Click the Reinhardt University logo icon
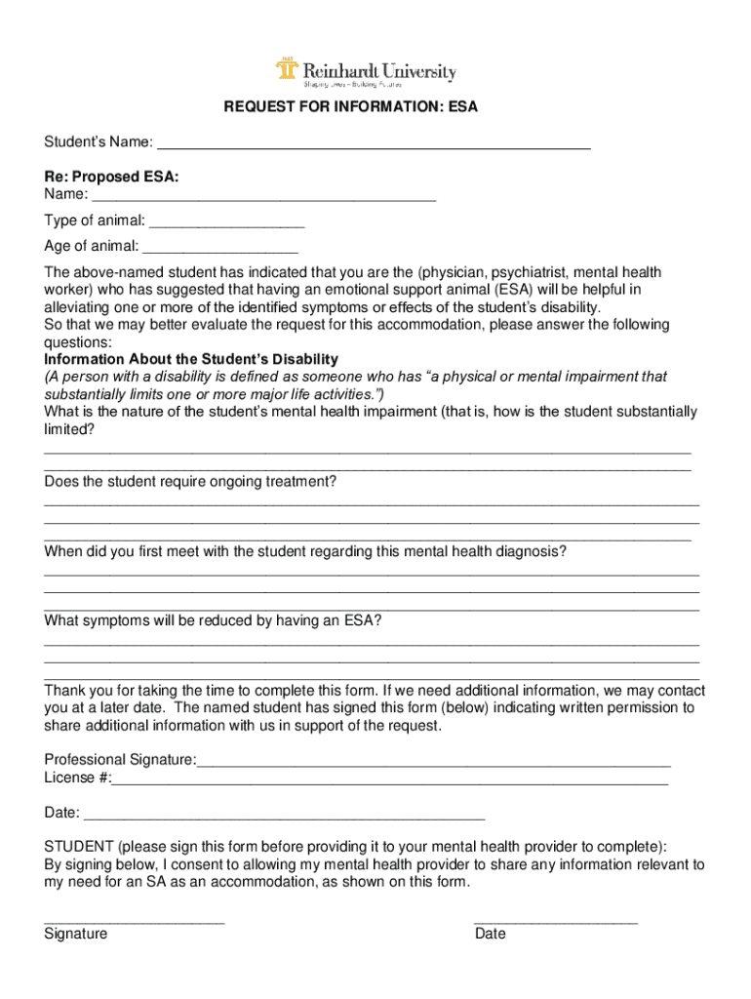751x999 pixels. pyautogui.click(x=286, y=71)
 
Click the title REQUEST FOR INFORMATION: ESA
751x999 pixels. pyautogui.click(x=351, y=107)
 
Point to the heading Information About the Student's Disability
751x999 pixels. pyautogui.click(x=191, y=359)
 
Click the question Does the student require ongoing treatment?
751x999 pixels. pyautogui.click(x=190, y=482)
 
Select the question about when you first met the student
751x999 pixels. pyautogui.click(x=305, y=552)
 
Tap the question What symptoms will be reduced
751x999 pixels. pyautogui.click(x=213, y=621)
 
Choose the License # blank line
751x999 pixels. pyautogui.click(x=390, y=779)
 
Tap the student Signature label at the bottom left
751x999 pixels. pyautogui.click(x=76, y=934)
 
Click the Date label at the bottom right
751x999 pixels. pyautogui.click(x=491, y=934)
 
